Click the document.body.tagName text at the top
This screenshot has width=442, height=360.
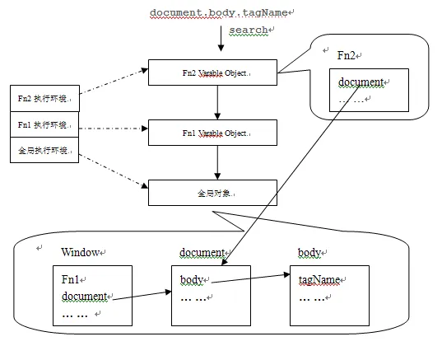218,12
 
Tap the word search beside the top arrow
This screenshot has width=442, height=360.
248,30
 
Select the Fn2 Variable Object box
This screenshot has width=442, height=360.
213,72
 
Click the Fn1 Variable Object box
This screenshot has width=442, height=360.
213,133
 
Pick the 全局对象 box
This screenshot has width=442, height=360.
213,193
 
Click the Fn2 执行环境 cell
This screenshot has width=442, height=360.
44,99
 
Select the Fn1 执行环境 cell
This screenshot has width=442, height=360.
44,124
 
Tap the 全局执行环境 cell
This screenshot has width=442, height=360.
44,150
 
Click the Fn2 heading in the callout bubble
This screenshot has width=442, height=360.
346,55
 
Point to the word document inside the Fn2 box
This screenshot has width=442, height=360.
361,82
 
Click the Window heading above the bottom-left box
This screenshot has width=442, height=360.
80,252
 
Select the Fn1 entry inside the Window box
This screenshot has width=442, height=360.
71,279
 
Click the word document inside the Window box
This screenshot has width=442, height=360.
84,297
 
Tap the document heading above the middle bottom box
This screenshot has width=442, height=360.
202,253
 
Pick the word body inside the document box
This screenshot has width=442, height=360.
192,280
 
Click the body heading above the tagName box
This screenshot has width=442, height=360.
309,253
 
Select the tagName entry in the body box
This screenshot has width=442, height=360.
319,280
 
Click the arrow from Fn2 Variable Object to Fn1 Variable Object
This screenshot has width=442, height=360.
217,102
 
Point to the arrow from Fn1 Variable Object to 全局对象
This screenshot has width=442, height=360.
217,162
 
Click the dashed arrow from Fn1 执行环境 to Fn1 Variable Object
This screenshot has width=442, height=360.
114,129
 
